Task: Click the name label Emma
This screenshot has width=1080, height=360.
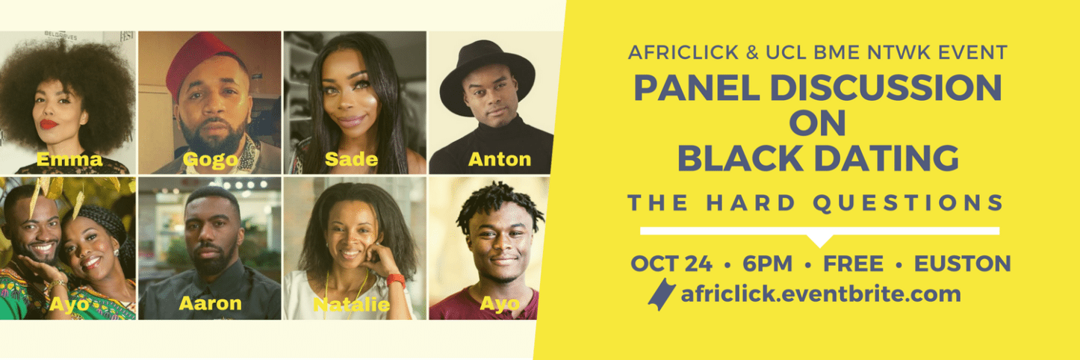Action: tap(69, 159)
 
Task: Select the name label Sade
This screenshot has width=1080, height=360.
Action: tap(351, 159)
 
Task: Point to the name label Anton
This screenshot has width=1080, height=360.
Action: tap(499, 159)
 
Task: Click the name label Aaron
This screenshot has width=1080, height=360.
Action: tap(210, 303)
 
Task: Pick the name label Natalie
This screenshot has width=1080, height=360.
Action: tap(351, 304)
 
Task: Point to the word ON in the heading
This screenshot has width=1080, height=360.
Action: tap(818, 123)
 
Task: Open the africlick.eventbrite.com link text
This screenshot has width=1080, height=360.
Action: tap(820, 294)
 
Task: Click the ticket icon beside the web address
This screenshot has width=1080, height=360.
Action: tap(661, 294)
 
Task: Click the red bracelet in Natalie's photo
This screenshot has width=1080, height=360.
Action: tap(397, 281)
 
